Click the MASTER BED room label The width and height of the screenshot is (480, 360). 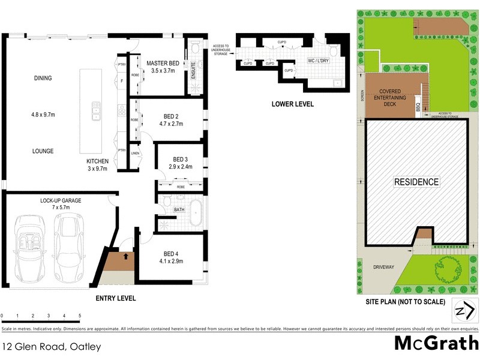[163, 62]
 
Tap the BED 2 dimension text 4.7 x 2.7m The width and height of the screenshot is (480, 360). [170, 124]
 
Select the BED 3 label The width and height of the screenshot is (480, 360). [180, 158]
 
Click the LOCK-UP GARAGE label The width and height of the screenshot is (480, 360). [61, 200]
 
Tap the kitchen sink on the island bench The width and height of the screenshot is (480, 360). [95, 111]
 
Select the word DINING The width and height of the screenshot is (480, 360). [43, 78]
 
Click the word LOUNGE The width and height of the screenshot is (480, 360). [43, 151]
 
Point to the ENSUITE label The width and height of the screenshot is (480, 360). [193, 69]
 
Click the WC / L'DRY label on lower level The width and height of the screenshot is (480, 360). [318, 61]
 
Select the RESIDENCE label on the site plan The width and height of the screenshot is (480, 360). [416, 182]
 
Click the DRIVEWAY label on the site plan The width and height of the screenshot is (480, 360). [383, 267]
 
